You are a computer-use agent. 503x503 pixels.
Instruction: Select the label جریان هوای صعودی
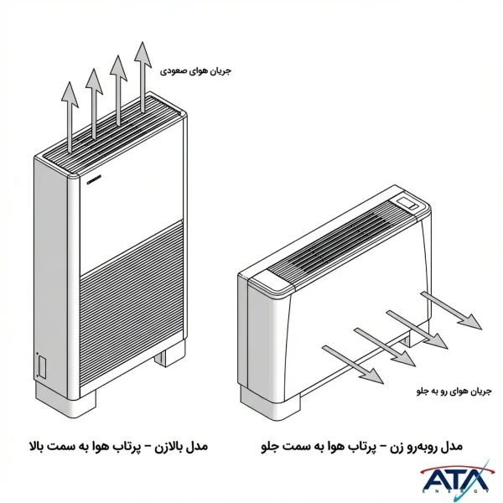pos(198,71)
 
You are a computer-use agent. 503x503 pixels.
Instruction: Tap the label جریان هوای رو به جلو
pos(454,390)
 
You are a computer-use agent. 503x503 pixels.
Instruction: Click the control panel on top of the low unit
pos(410,202)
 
